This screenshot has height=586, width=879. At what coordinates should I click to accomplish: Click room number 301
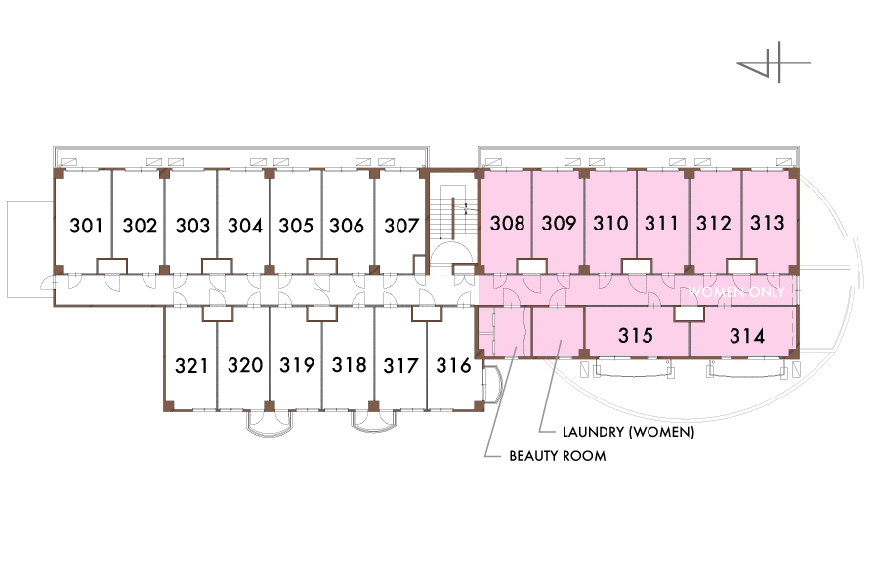coord(88,226)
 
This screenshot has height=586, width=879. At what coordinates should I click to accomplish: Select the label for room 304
coord(245,226)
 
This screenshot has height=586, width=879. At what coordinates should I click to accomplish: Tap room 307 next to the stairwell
coord(401,226)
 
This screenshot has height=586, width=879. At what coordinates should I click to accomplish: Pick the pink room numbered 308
coord(507,223)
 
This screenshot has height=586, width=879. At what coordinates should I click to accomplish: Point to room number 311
coord(661,223)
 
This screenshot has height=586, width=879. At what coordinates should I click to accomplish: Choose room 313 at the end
coord(768,223)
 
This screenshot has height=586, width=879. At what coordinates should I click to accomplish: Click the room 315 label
coord(636,336)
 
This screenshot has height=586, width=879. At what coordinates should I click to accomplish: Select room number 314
coord(747,336)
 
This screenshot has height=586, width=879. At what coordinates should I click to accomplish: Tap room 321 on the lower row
coord(192,366)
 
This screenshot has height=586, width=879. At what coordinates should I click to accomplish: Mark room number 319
coord(297,366)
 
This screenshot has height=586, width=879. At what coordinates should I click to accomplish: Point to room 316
coord(454,366)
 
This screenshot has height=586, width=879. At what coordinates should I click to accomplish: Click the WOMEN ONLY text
coord(736,292)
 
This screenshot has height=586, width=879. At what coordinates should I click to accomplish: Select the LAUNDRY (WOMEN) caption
coord(629,431)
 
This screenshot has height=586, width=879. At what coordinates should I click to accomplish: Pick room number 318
coord(349,366)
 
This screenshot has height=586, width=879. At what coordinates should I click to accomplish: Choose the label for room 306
coord(349,226)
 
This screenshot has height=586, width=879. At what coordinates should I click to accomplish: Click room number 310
coord(610,223)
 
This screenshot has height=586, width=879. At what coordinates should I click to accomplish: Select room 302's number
coord(141,226)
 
